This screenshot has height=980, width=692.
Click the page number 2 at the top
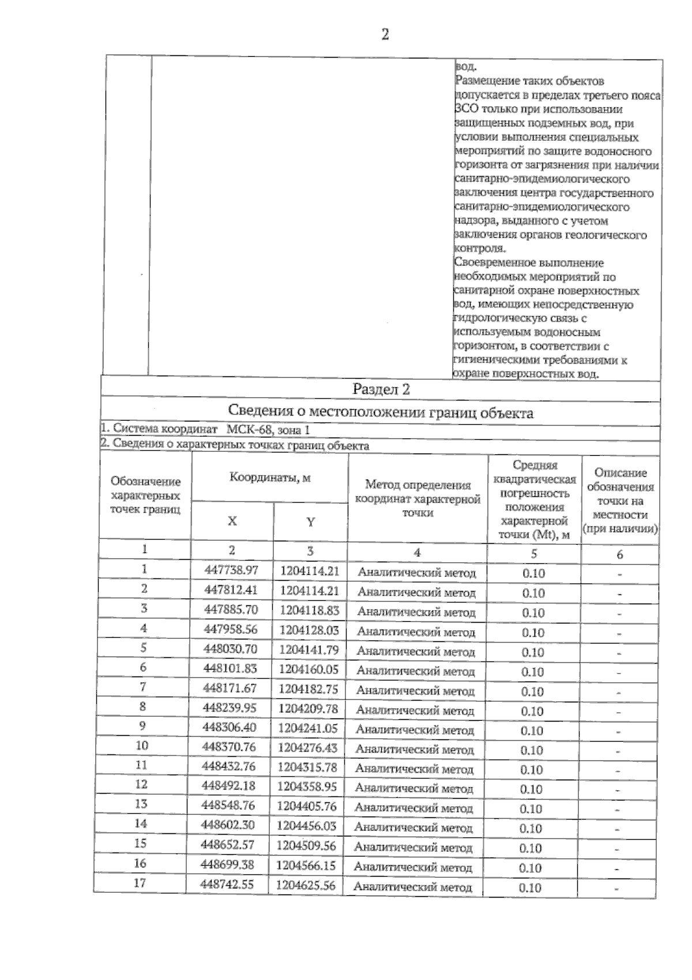pos(385,35)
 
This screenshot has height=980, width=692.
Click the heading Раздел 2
pos(381,390)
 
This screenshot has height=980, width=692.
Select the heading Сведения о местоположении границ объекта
pos(381,413)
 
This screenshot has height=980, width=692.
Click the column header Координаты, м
pos(270,478)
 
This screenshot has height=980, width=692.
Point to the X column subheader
pos(232,521)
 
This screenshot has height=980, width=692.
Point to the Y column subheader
pos(310,522)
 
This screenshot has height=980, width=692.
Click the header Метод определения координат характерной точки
pos(418,499)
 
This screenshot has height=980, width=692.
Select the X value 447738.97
pos(231,571)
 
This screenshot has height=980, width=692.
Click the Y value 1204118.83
pos(310,611)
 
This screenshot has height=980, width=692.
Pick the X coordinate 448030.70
pos(231,649)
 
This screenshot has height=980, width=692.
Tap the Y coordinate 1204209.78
pos(309,709)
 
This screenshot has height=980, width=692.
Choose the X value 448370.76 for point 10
pos(229,747)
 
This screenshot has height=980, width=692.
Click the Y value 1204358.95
pos(307,787)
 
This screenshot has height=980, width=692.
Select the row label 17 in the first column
pos(140,883)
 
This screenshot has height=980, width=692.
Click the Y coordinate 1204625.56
pos(306,885)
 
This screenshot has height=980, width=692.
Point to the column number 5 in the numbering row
pos(534,554)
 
